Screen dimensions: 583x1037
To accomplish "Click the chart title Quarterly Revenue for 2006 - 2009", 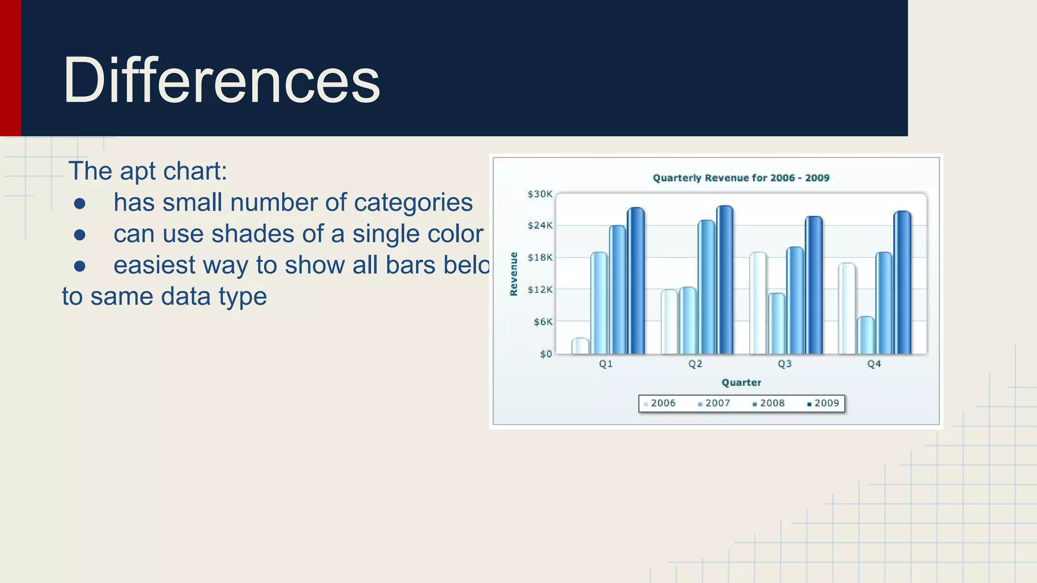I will coord(741,178).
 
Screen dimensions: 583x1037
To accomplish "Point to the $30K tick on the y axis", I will coord(540,194).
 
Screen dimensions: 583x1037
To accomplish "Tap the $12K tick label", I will coord(540,289).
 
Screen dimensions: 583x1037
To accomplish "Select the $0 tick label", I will coord(545,354).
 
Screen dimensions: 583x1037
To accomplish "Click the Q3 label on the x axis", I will coord(784,364).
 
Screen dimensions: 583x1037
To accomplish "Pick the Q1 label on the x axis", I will coord(606,364).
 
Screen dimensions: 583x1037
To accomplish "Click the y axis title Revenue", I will coord(513,274).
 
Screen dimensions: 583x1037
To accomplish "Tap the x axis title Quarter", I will coord(741,383).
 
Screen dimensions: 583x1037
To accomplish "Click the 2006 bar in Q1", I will coord(580,346).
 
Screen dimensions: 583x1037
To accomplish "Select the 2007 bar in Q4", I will coord(865,336).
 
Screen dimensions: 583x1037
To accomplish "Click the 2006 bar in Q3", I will coord(758,303).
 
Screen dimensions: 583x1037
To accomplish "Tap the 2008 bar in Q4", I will coord(884,303).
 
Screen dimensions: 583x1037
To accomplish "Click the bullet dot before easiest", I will coord(79,266).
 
